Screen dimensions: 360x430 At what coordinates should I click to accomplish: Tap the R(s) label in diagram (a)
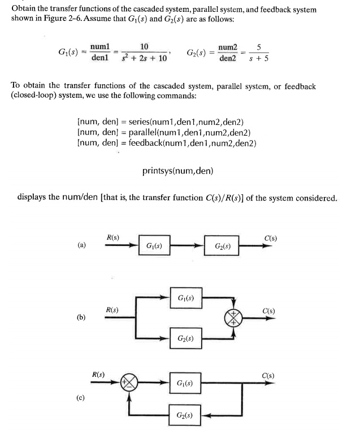coord(113,237)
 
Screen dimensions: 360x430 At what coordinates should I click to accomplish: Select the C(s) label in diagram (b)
coord(268,311)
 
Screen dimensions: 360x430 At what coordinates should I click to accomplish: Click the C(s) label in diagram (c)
coord(268,375)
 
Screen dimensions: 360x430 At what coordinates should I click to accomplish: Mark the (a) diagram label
coord(81,245)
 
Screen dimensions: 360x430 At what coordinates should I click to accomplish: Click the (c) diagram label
coord(80,398)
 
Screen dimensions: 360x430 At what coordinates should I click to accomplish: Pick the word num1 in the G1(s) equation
coord(100,47)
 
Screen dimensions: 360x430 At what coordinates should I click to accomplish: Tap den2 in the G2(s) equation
coord(228,58)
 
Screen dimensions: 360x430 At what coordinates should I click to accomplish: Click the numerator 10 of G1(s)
coord(144,46)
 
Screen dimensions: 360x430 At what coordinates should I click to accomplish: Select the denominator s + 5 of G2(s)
coord(259,58)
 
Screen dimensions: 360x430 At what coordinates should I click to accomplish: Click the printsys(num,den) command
coord(177,171)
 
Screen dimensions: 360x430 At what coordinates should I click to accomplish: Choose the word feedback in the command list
coord(146,143)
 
